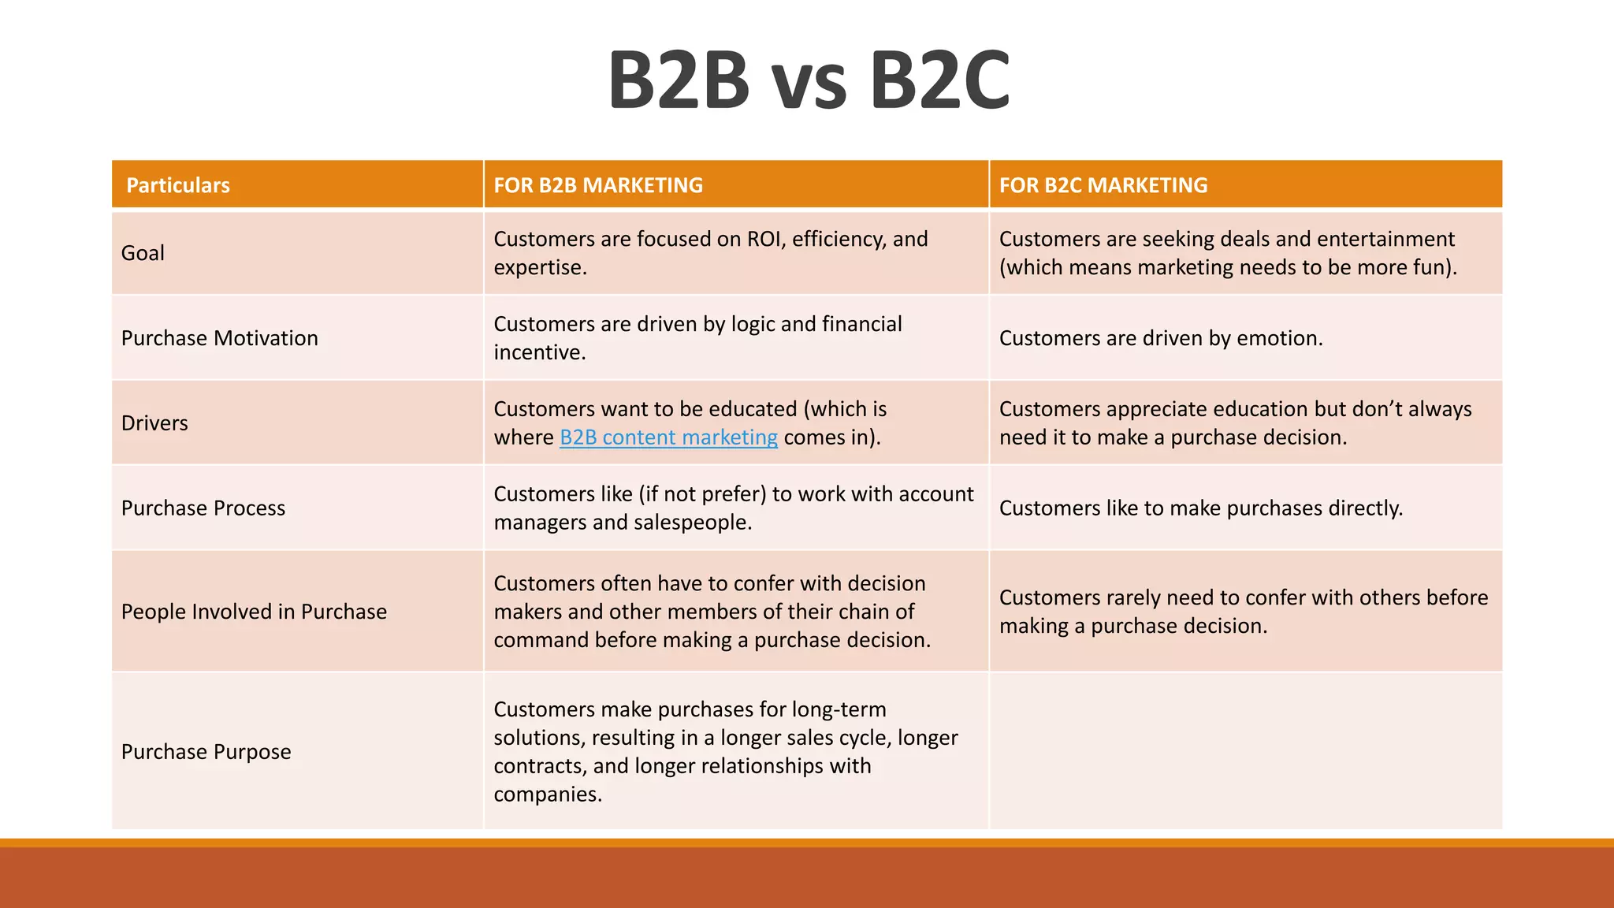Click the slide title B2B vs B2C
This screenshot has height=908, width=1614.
pos(809,80)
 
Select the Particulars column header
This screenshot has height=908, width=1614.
pos(178,185)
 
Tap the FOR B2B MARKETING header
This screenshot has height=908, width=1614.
pos(598,185)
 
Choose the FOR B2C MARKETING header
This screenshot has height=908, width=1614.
pos(1103,185)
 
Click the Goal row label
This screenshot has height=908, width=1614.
pos(143,253)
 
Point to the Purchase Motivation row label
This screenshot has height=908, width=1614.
pos(220,338)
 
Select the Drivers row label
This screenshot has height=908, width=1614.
pos(154,423)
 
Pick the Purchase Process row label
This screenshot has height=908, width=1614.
pos(203,508)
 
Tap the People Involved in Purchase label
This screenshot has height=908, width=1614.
pos(254,612)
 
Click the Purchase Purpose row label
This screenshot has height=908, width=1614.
pos(206,752)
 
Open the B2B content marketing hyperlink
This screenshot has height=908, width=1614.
pos(668,437)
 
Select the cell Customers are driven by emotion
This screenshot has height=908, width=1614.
pos(1161,338)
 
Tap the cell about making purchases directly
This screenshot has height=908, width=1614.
pos(1201,508)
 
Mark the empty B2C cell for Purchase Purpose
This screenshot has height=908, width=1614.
pos(1245,750)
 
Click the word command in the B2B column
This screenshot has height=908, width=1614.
pos(541,640)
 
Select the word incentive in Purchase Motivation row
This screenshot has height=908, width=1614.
pos(539,352)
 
